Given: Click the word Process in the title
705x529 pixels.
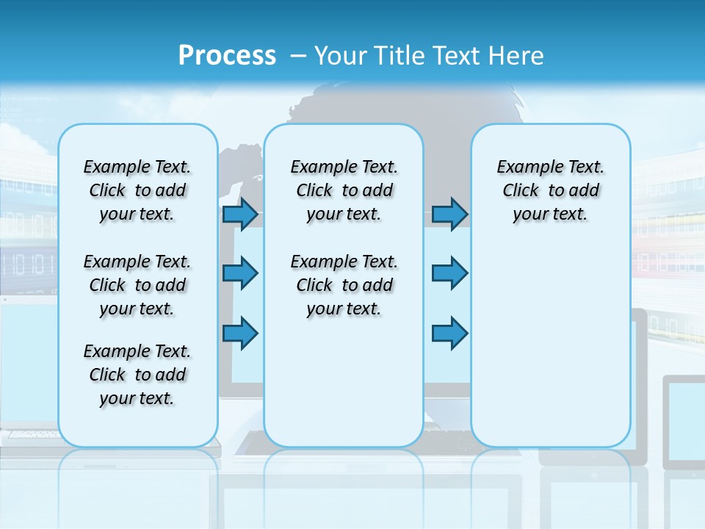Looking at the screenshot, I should (x=227, y=55).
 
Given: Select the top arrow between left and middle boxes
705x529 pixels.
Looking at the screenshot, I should (x=240, y=214).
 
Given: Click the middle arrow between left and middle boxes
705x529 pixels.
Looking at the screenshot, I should (x=240, y=273).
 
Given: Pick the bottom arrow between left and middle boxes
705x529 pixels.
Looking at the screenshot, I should (x=240, y=333).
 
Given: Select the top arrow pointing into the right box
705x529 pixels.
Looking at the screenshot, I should (x=449, y=214).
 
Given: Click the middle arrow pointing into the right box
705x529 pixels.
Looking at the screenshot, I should (x=449, y=273).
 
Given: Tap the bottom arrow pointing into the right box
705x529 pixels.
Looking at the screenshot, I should (x=449, y=333).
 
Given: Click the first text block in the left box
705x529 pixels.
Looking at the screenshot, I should (x=137, y=190).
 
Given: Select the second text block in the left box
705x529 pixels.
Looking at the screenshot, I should (x=137, y=285).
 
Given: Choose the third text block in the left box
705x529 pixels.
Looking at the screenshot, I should (x=137, y=375).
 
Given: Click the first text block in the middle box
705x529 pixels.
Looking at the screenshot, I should (x=344, y=190).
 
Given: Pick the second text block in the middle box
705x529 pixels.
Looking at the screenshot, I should (x=344, y=285).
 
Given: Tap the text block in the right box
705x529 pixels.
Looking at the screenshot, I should (x=550, y=190).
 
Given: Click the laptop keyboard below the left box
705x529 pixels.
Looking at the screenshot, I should (x=33, y=434).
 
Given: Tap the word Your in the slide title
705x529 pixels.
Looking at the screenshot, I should (x=341, y=56).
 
